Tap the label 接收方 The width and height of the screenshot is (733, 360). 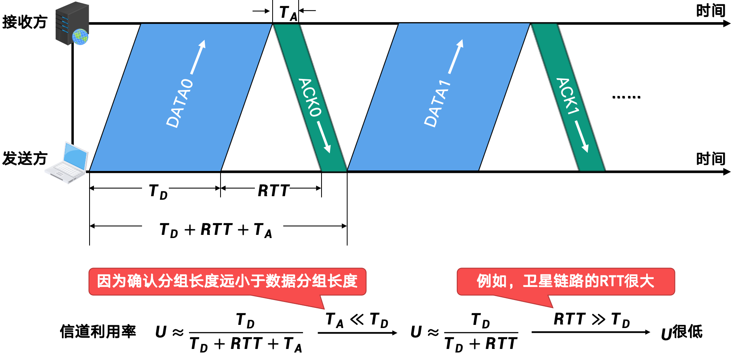24,22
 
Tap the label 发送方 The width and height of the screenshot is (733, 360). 24,159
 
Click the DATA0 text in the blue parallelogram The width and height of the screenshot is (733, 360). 180,103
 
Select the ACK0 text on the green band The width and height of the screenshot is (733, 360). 310,97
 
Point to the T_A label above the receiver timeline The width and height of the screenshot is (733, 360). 288,13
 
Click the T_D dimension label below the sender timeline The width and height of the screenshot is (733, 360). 158,191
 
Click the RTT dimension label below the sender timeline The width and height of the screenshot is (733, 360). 273,191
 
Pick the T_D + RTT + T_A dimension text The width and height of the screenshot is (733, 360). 216,230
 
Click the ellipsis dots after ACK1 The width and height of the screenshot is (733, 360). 626,97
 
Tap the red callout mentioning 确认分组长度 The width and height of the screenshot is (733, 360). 227,281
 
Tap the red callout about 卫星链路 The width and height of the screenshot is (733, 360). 565,281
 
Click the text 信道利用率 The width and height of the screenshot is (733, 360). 98,332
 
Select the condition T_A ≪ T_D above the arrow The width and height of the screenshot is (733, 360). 357,320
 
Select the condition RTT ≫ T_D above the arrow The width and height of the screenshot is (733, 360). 591,319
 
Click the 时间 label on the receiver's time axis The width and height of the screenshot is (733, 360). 710,11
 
